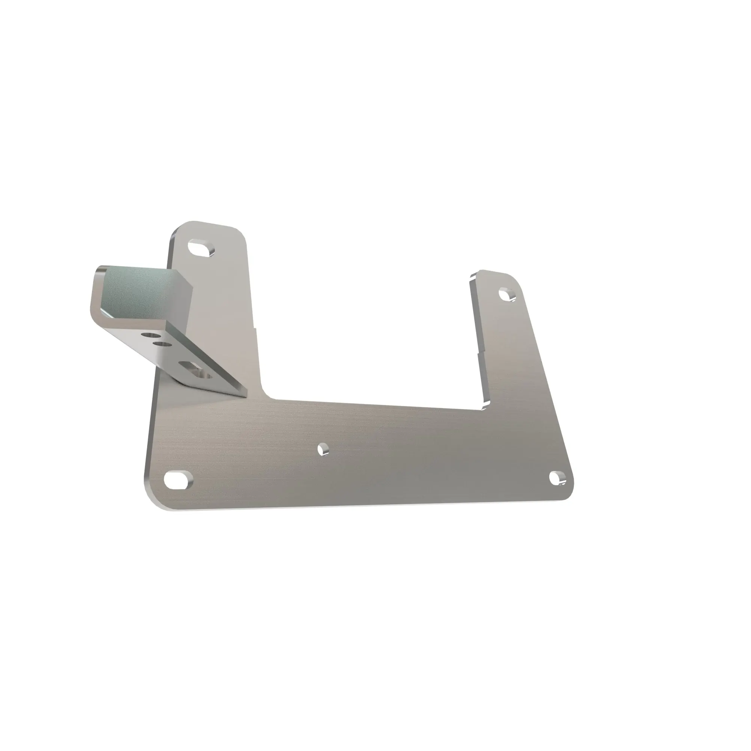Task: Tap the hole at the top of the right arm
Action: coord(507,294)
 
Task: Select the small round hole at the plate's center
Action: coord(323,450)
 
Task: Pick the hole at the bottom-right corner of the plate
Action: coord(558,478)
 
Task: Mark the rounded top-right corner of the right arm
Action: coord(517,280)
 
